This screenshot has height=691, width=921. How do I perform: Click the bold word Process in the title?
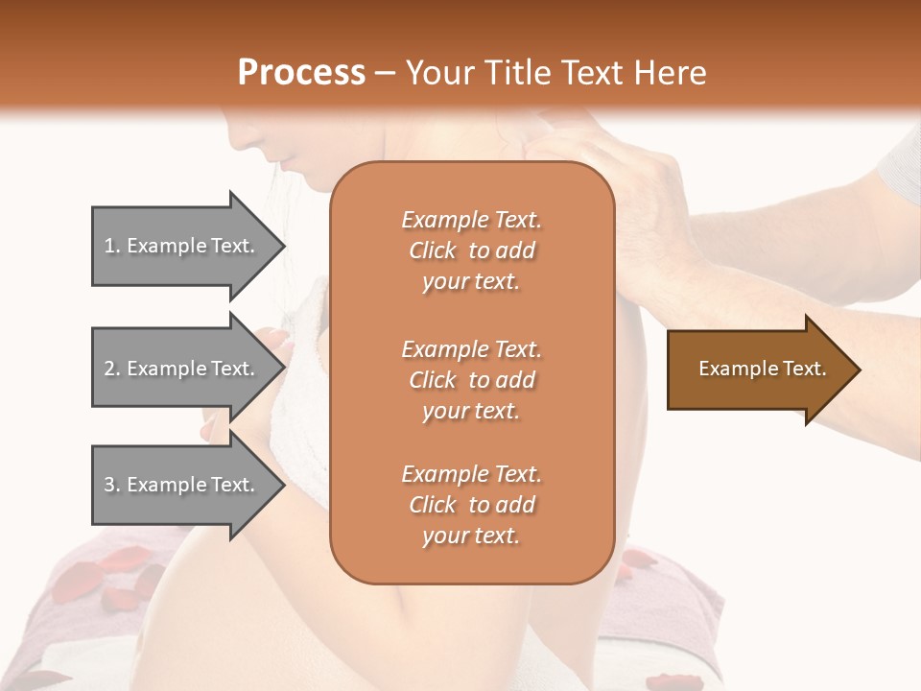301,72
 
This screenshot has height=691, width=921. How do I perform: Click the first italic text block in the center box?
471,250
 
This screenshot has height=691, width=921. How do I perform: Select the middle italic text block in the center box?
471,380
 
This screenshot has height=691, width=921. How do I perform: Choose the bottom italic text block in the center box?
471,505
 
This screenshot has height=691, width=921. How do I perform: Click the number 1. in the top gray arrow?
112,246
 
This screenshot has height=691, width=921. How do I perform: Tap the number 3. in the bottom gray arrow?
112,485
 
